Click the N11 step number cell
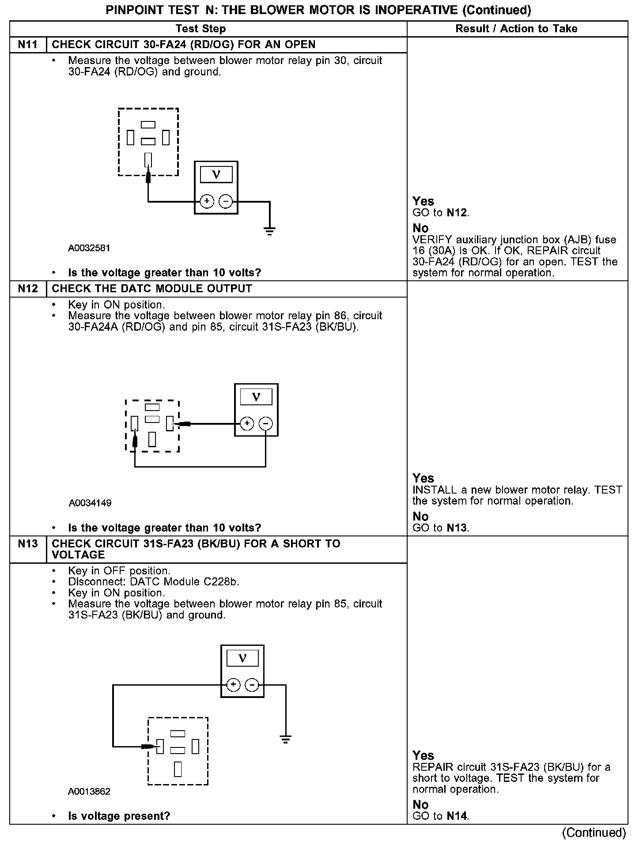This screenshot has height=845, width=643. [28, 45]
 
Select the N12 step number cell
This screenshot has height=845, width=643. [28, 289]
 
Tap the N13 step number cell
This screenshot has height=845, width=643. [28, 544]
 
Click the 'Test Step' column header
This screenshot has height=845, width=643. [200, 29]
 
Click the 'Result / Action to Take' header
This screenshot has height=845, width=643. [516, 29]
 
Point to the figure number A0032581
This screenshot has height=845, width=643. [89, 248]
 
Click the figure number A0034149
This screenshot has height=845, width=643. [90, 503]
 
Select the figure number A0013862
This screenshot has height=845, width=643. [89, 791]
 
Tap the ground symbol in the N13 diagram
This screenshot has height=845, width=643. [286, 739]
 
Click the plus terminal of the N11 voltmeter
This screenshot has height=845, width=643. [207, 202]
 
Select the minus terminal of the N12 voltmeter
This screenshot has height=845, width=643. [265, 424]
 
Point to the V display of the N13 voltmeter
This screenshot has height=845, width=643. [242, 658]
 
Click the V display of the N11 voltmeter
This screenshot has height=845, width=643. [216, 174]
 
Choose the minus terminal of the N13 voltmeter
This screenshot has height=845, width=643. [252, 685]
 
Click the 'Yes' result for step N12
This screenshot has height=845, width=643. [423, 478]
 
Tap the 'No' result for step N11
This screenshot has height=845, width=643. [420, 228]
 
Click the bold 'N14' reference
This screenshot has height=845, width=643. [457, 816]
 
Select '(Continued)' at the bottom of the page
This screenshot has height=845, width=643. [594, 832]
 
